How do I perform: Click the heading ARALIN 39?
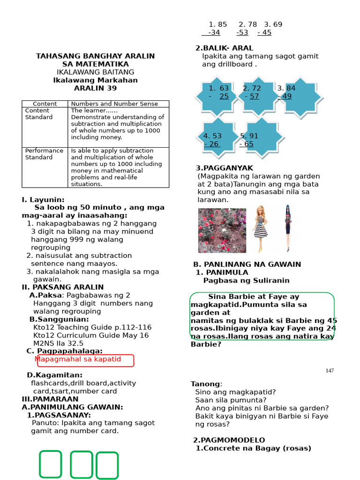95,88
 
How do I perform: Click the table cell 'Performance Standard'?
44,154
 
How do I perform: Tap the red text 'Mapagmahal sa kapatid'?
78,360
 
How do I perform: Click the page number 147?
330,371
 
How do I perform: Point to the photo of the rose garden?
222,231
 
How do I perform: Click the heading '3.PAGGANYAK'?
224,168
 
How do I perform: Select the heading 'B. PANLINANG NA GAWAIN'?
247,264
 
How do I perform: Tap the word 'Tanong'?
205,384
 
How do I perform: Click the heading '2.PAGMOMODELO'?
229,440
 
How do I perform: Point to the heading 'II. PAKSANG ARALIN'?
62,287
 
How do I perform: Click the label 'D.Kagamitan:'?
54,375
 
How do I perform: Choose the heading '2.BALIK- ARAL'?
224,48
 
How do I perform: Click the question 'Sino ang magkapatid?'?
235,392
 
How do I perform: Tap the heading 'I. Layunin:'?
43,199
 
